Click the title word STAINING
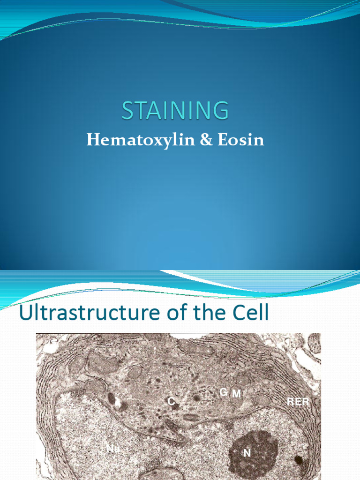tap(175, 111)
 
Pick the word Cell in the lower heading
tap(250, 313)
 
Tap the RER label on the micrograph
tap(298, 402)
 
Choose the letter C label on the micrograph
tap(171, 402)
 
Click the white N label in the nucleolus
tap(247, 453)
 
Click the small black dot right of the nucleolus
tap(298, 459)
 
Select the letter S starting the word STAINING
tap(128, 111)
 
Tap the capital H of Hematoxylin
tap(92, 140)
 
